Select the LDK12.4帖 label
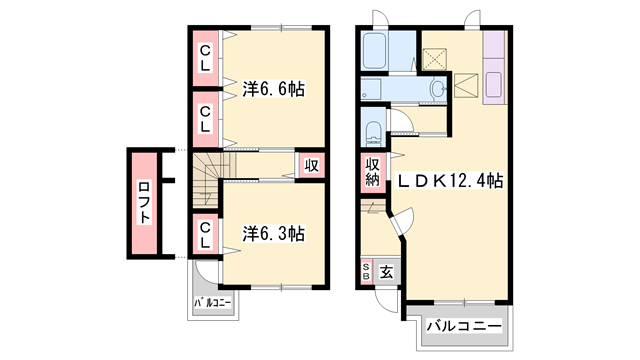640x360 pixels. tap(451, 182)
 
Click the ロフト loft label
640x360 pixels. tap(144, 203)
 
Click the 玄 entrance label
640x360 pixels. tap(385, 270)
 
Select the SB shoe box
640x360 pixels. tap(366, 270)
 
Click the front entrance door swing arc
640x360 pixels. tap(388, 296)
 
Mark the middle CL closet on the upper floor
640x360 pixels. tap(204, 118)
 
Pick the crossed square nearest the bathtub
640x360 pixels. tap(435, 57)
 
